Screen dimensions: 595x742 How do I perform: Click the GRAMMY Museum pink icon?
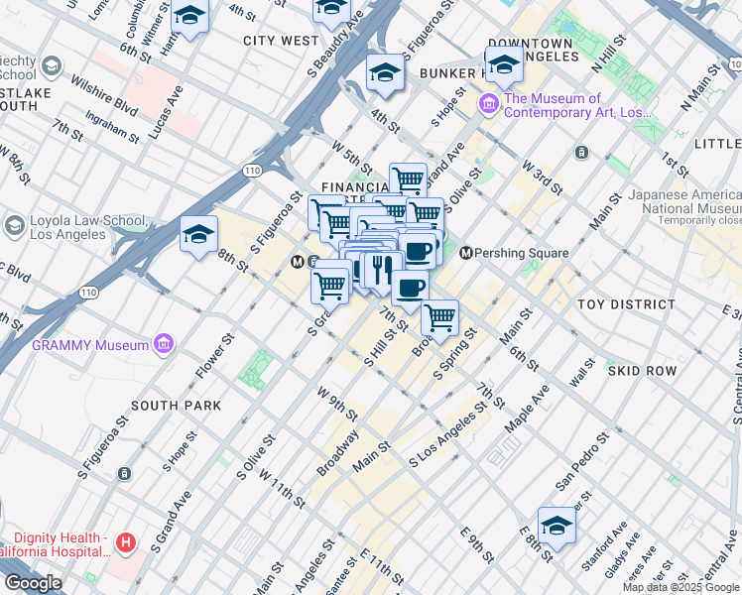[164, 345]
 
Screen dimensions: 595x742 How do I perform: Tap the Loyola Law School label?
[69, 227]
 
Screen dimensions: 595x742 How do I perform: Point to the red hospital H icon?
[125, 542]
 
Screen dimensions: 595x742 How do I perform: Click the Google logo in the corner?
[32, 583]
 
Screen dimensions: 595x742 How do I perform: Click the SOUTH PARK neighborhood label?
[176, 406]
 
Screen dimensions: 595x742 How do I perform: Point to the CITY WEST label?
[281, 41]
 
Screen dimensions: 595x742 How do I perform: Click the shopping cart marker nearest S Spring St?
[439, 318]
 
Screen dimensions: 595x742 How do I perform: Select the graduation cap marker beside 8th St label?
[198, 235]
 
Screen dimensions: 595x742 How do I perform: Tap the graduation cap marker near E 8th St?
[556, 526]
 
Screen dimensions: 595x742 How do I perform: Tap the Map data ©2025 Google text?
[680, 587]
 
